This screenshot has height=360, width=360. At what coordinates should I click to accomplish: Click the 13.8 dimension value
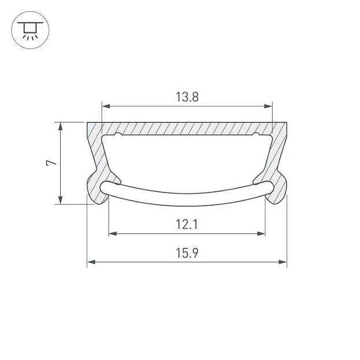pyautogui.click(x=187, y=97)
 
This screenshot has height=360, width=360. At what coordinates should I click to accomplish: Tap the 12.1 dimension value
pyautogui.click(x=187, y=224)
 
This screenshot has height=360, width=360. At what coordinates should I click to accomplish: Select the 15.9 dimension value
pyautogui.click(x=187, y=253)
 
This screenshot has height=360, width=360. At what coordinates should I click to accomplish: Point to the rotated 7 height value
pyautogui.click(x=51, y=163)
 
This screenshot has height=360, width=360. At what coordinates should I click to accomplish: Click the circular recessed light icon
pyautogui.click(x=30, y=30)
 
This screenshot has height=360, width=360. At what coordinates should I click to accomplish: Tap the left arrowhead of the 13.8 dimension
pyautogui.click(x=106, y=106)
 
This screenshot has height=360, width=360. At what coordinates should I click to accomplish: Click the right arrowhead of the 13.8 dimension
pyautogui.click(x=268, y=106)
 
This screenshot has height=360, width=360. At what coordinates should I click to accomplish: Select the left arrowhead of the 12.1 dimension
pyautogui.click(x=113, y=233)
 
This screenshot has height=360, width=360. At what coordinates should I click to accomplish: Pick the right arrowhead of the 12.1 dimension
pyautogui.click(x=261, y=233)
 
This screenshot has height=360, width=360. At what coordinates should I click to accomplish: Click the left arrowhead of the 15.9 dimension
pyautogui.click(x=91, y=262)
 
